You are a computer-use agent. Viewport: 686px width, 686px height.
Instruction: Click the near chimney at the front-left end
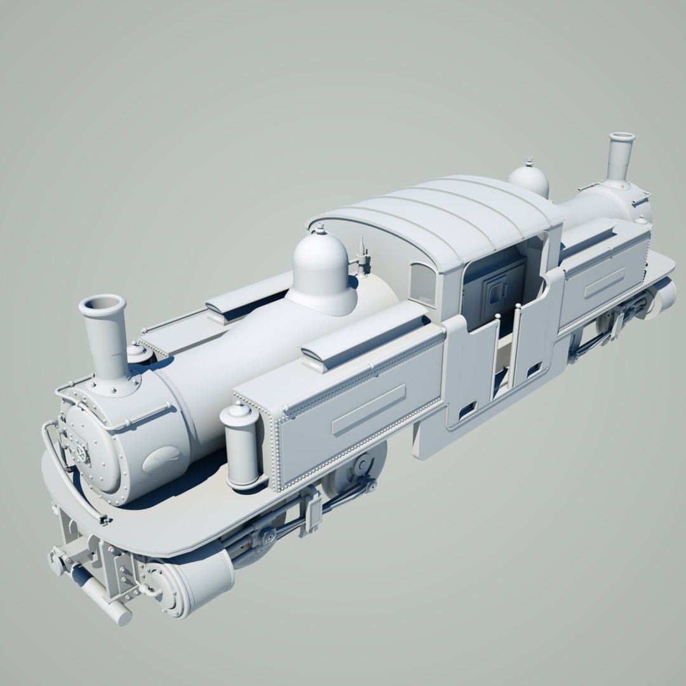105,337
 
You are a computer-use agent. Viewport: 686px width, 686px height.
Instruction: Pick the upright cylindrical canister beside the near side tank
242,445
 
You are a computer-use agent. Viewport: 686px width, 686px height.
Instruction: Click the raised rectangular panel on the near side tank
368,410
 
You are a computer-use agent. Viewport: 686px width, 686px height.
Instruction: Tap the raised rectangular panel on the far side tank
604,282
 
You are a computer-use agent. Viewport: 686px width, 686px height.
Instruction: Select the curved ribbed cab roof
438,216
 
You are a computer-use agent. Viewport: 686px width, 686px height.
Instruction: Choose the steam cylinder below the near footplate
191,584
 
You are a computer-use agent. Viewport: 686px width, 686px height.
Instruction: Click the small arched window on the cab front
422,283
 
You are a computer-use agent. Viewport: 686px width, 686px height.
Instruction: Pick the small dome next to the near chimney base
137,352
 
